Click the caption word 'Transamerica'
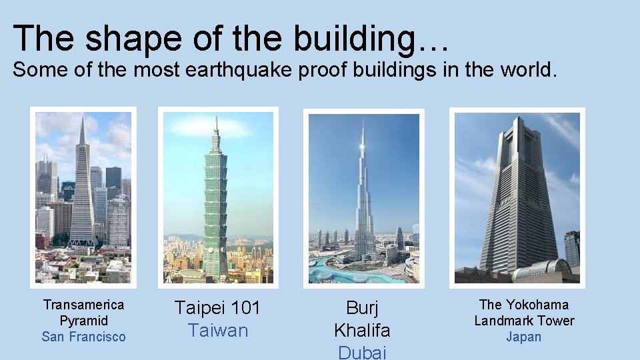click(x=83, y=305)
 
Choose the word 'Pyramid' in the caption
click(x=83, y=321)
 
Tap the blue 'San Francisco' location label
click(x=83, y=337)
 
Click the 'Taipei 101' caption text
click(x=217, y=308)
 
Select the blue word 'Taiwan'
click(x=217, y=331)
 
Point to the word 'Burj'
click(x=362, y=308)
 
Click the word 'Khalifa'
click(x=362, y=330)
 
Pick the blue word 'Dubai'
click(x=362, y=352)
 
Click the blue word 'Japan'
click(x=524, y=337)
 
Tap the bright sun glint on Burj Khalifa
click(x=362, y=145)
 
